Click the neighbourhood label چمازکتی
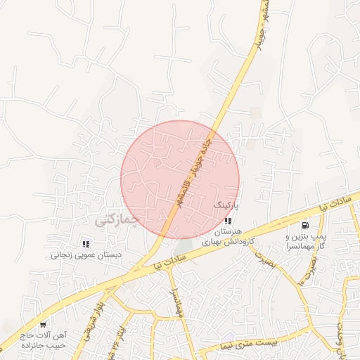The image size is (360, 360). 117,221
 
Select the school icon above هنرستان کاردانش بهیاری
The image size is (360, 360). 227,221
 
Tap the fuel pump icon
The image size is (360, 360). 304,226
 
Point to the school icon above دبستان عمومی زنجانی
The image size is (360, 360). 86,244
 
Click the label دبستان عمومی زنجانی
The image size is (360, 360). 85,256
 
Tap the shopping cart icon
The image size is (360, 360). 43,324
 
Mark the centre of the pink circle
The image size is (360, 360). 180,180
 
